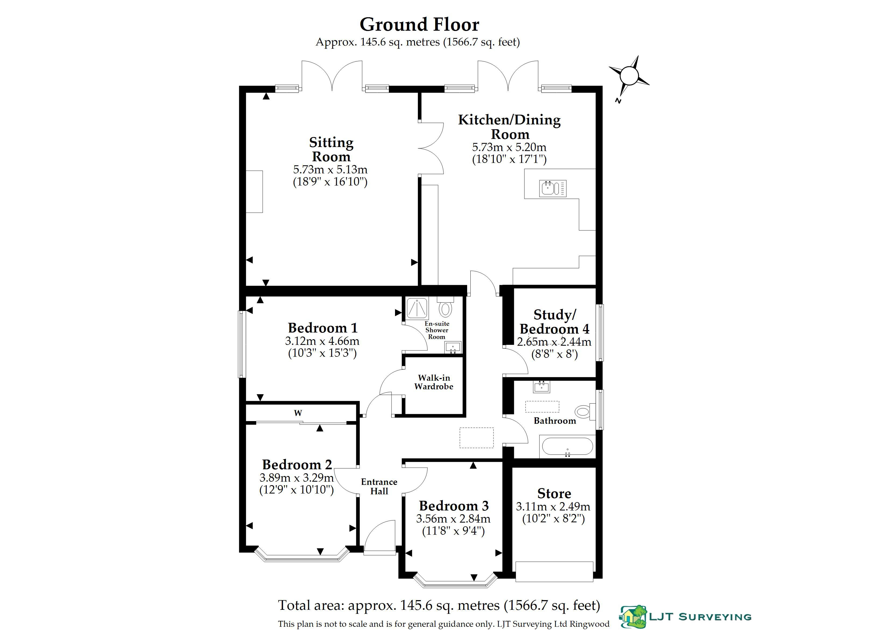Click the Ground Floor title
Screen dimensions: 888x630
pos(419,24)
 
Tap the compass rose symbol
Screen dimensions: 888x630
pos(629,76)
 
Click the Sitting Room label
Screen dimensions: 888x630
pos(331,149)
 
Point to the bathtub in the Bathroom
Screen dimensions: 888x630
pos(567,446)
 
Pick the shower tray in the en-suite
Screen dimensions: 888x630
pos(417,309)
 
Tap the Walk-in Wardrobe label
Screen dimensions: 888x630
pos(434,382)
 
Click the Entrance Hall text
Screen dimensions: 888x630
pos(379,486)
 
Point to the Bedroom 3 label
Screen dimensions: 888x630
pos(454,506)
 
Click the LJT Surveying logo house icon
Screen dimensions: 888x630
pos(633,616)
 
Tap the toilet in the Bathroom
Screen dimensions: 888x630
pos(585,411)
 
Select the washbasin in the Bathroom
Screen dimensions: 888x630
pos(541,387)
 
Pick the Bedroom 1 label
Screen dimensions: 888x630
pos(323,328)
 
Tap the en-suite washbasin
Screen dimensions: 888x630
pos(453,348)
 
